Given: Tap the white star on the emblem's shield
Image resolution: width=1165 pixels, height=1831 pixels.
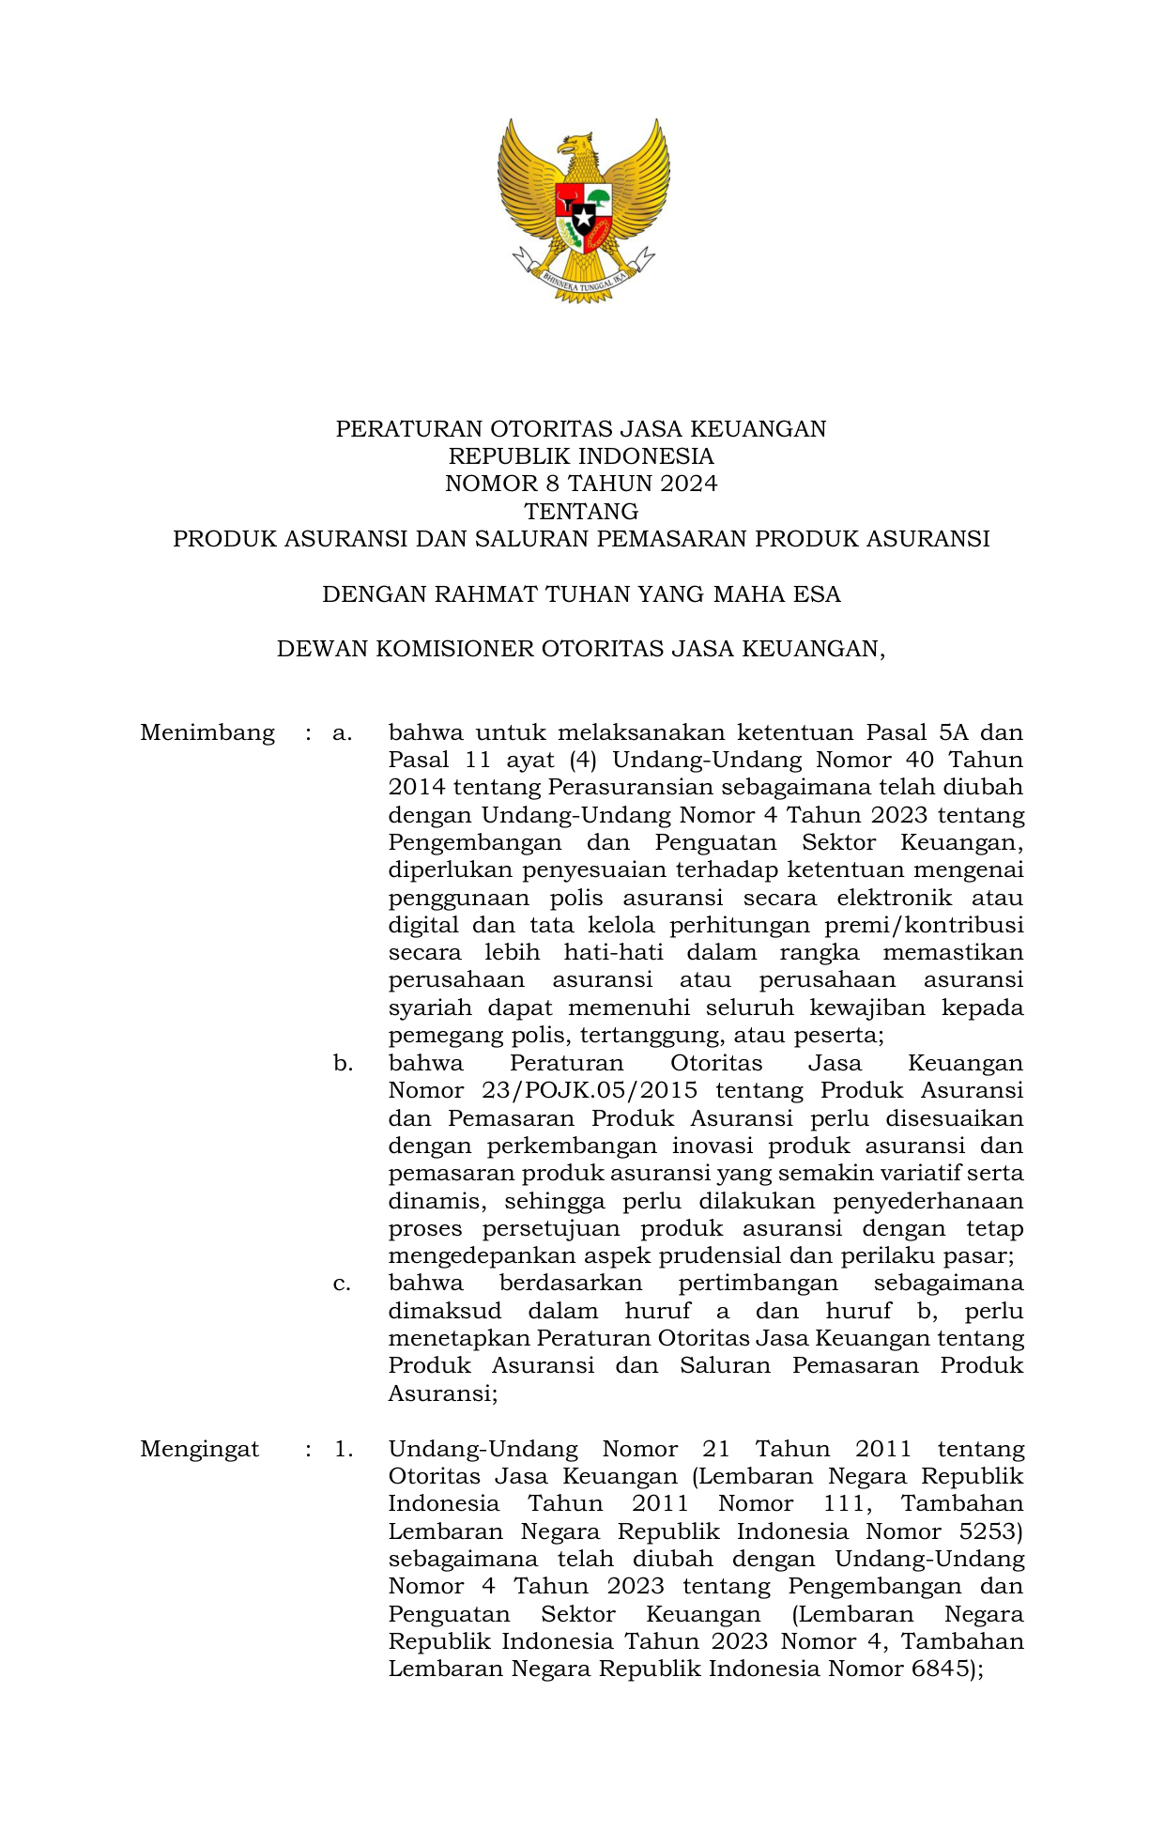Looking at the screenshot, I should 583,219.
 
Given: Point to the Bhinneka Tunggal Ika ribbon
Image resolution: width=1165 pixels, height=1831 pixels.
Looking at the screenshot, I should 583,278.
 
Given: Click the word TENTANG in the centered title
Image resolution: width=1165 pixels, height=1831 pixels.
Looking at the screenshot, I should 581,512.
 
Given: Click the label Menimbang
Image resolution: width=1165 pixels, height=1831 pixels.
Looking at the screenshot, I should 207,732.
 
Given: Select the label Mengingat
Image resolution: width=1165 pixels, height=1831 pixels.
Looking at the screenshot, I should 199,1449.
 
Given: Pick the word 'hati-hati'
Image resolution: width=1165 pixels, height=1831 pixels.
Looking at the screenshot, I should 613,953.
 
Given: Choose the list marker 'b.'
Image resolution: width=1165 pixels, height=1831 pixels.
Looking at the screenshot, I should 343,1064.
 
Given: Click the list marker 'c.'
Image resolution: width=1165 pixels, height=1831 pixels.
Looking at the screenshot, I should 342,1284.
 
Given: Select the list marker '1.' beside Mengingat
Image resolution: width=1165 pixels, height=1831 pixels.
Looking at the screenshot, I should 344,1449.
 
